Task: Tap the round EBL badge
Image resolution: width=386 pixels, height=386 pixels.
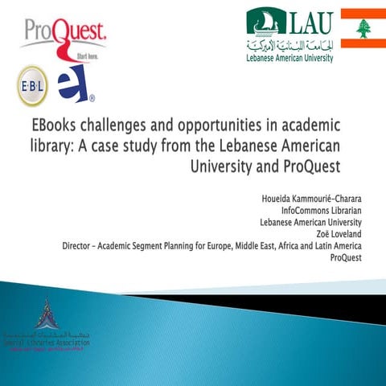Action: tap(32, 85)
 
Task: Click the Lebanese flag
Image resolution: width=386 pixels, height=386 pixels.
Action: tap(363, 28)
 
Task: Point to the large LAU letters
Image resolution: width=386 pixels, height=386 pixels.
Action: tap(311, 20)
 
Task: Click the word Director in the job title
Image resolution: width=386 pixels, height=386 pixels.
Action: tap(81, 244)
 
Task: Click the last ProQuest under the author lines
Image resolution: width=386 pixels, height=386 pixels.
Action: tap(347, 257)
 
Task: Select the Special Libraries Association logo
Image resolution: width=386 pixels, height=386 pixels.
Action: tap(46, 325)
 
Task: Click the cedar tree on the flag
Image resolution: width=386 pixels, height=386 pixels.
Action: tap(363, 28)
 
